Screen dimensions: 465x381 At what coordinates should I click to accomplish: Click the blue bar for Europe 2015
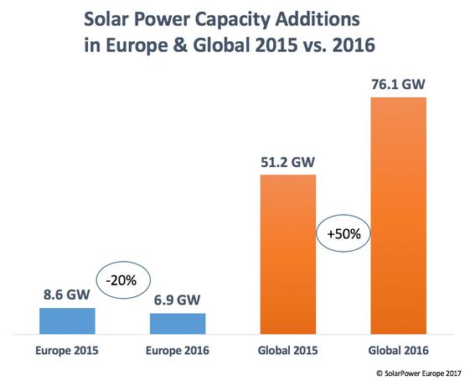67,321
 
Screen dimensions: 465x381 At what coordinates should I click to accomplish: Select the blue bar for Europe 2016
178,324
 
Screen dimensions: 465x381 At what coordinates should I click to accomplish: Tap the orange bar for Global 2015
288,254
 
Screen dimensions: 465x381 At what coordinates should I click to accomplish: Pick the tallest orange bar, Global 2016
399,216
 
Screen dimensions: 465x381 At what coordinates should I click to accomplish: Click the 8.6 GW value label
67,295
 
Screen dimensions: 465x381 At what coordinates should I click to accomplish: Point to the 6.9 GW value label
177,300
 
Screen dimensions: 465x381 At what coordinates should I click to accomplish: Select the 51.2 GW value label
287,162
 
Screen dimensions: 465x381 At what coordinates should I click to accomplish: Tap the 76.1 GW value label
398,84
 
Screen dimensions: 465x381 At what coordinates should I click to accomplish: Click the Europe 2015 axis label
67,351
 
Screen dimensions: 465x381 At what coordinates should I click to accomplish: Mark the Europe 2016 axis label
178,351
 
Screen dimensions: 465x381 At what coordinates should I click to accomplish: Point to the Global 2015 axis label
287,351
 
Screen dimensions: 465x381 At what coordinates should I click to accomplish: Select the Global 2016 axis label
398,351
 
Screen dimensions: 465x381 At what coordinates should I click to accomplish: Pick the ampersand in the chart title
180,45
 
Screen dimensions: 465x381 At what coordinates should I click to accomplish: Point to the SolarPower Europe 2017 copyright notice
419,373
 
